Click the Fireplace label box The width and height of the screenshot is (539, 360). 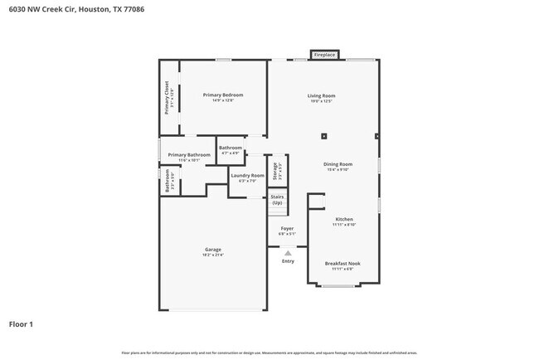point(324,56)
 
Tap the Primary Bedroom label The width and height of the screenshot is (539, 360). point(223,95)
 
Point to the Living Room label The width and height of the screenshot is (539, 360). point(322,95)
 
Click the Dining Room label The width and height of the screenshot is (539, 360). point(337,164)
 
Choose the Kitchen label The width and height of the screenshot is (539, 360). point(344,220)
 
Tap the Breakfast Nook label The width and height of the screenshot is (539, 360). point(343,264)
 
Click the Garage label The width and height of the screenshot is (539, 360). point(213,250)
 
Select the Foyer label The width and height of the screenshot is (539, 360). point(287,228)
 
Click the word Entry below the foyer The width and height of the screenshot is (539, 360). point(288,261)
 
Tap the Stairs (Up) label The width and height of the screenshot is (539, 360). point(277,200)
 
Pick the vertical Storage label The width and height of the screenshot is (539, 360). point(276,170)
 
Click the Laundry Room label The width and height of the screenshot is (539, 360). point(247,176)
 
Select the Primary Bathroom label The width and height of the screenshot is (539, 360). point(189,155)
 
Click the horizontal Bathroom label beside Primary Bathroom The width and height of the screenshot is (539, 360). point(231,148)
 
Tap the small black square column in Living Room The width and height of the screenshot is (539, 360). point(324,136)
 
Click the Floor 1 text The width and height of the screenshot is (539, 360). point(22,324)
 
